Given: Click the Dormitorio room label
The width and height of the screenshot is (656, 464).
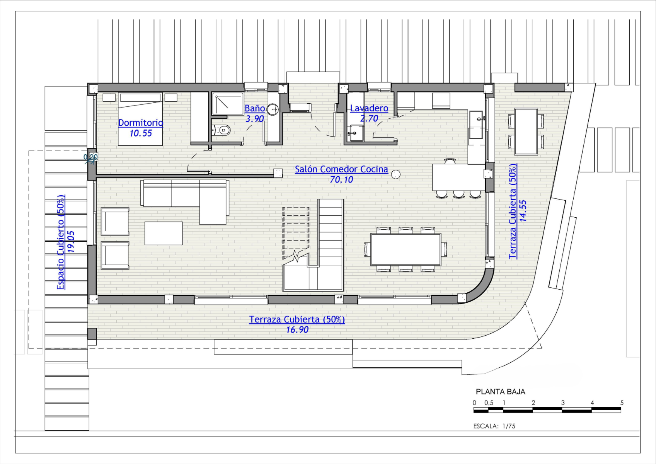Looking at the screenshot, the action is (141, 123).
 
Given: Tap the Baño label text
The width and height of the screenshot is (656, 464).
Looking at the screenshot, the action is (255, 108).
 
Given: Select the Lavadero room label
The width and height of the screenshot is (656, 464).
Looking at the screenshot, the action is (369, 108).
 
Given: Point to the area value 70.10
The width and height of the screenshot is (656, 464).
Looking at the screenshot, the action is (341, 179).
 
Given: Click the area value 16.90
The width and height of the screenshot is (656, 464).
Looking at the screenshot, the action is (297, 330).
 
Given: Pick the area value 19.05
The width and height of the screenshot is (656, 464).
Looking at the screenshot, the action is (71, 242).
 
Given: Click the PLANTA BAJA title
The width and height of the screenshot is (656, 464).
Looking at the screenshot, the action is (501, 392).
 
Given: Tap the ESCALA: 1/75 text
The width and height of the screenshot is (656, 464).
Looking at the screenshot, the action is (494, 426).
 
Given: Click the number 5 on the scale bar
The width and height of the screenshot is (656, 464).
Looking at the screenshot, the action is (622, 403).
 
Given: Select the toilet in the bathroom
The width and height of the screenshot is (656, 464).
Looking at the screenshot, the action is (221, 130).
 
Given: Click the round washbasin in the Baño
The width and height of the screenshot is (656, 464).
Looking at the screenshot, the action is (273, 109).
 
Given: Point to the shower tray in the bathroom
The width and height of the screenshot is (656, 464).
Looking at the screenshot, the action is (228, 104).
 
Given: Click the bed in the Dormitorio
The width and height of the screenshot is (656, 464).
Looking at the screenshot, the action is (140, 119).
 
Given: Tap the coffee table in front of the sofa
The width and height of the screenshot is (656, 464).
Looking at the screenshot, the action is (164, 233).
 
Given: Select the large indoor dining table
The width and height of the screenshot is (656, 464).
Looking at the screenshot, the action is (406, 249).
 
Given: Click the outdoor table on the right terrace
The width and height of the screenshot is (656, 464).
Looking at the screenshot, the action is (526, 131).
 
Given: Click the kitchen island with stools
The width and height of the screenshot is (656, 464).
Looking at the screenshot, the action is (458, 177).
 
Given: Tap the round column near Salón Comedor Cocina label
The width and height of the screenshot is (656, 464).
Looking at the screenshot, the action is (396, 174).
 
